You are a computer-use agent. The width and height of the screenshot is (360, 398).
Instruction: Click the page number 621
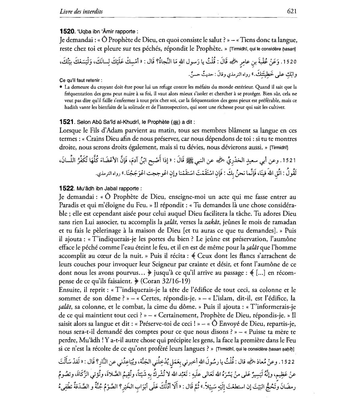tap(292, 11)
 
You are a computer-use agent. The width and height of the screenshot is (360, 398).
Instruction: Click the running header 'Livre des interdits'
tap(81, 12)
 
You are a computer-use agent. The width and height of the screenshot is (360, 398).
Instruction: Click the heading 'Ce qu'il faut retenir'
tap(81, 80)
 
